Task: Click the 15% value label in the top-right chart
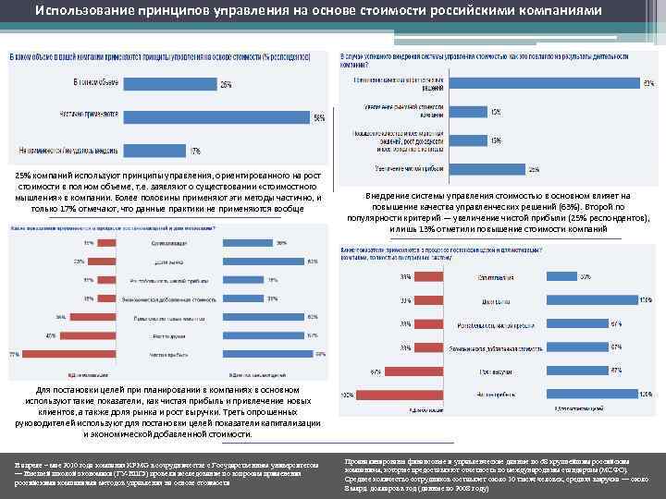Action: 496,111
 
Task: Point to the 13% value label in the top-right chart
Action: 496,140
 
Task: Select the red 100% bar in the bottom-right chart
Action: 369,395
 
